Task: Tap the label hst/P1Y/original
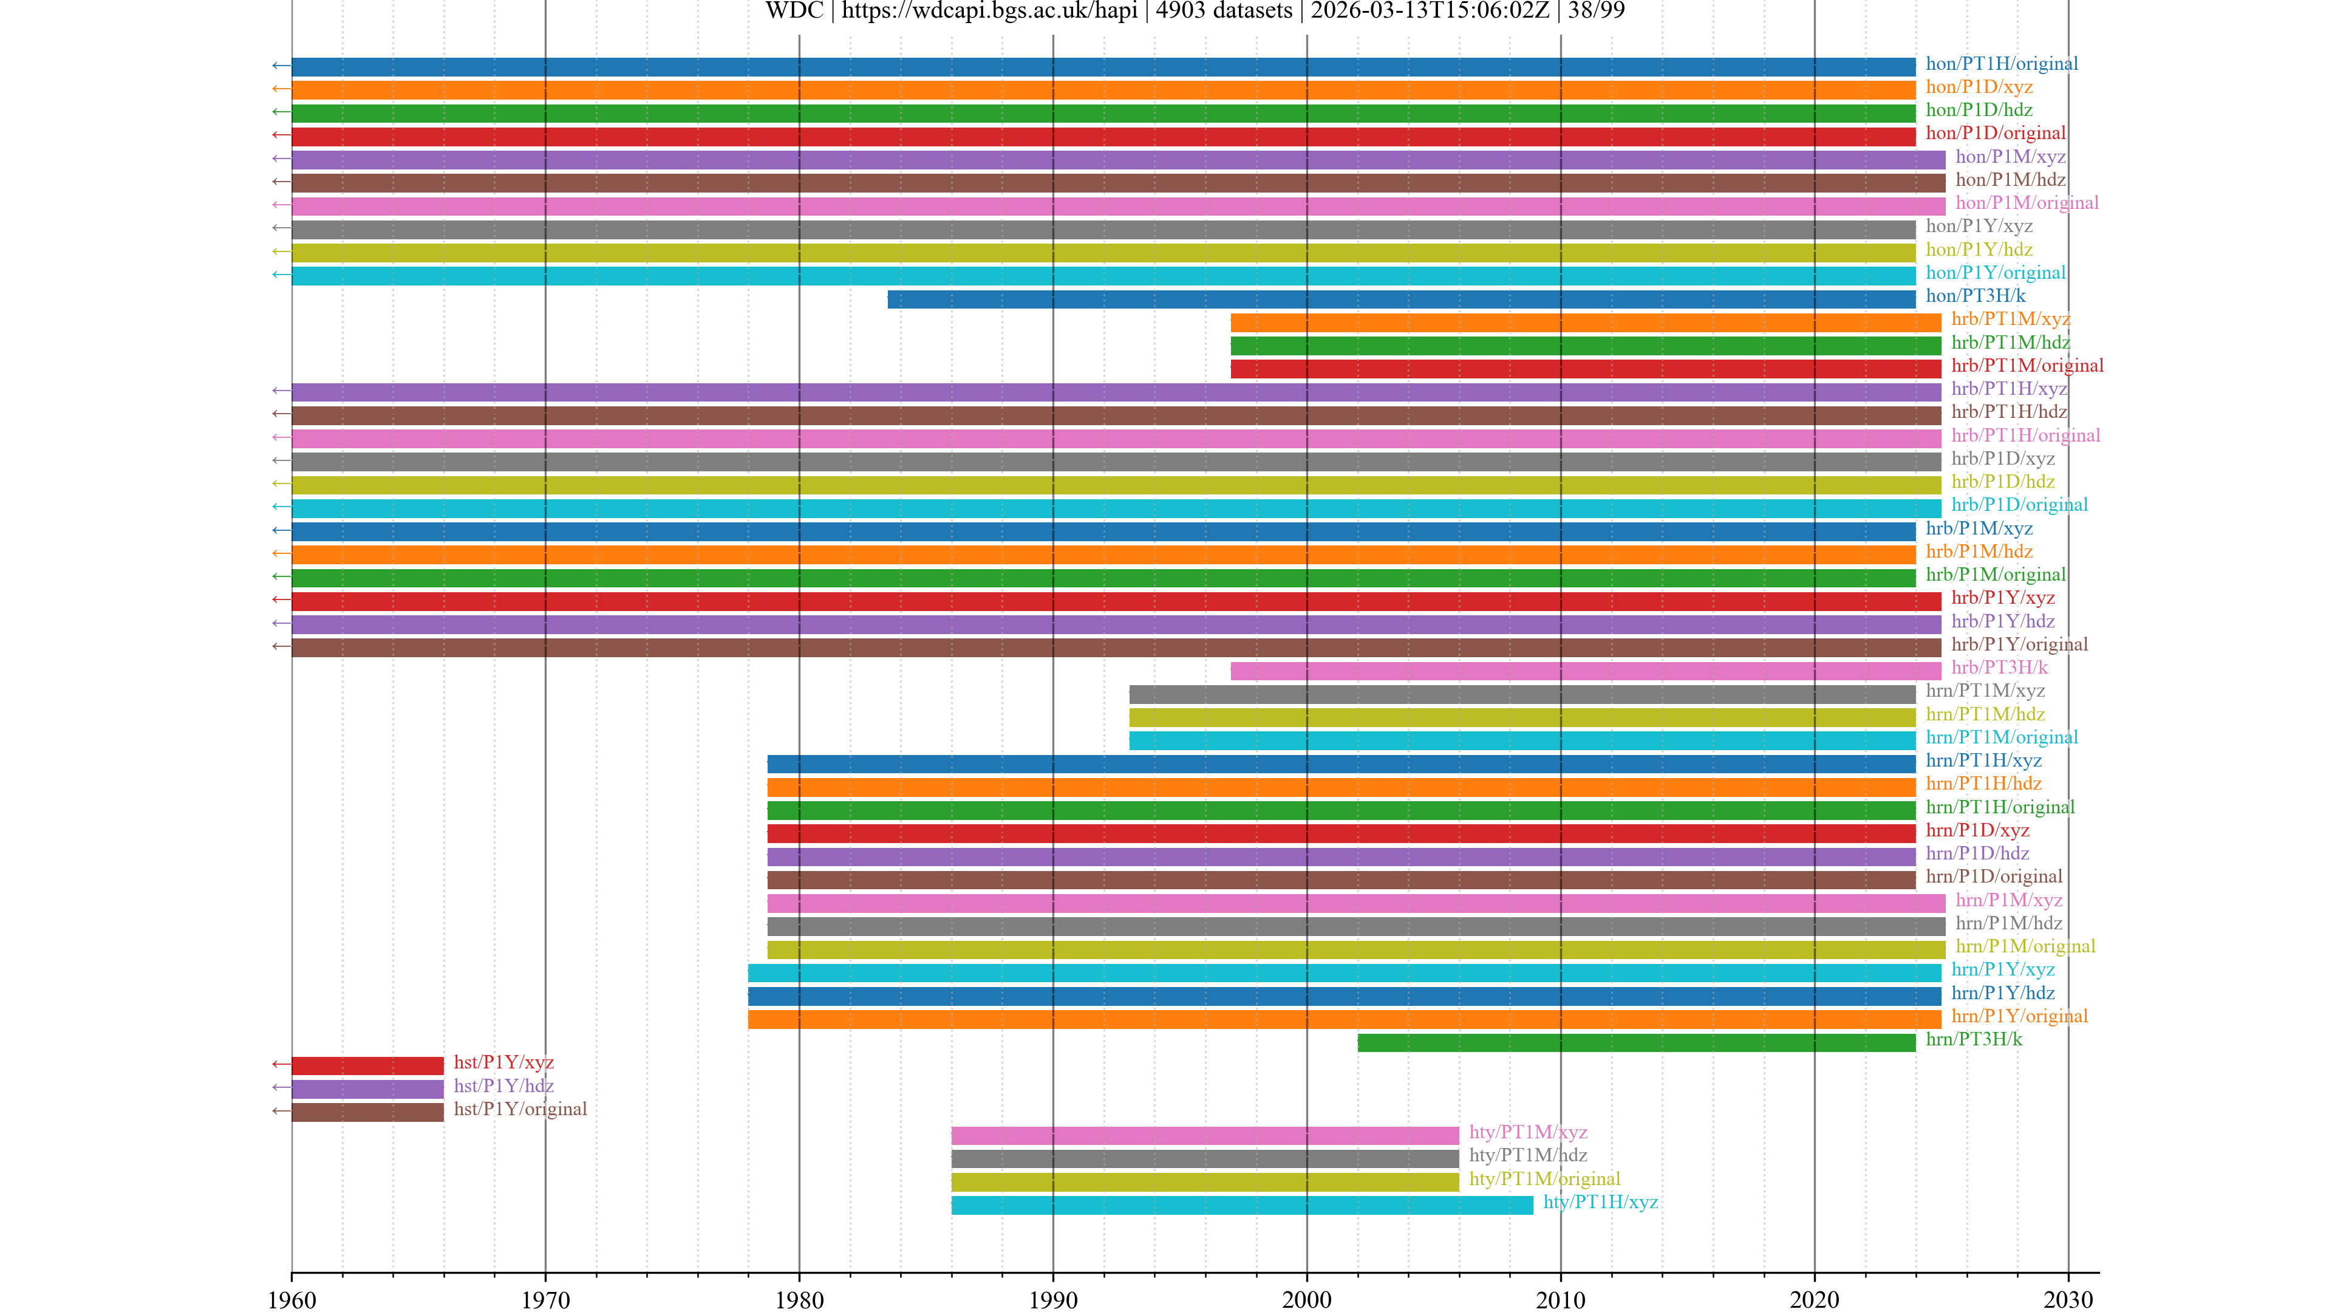coord(520,1109)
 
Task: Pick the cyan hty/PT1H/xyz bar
coord(1242,1205)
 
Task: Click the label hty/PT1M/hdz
coord(1528,1155)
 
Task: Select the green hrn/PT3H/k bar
coord(1636,1043)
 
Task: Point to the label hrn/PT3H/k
coord(1974,1039)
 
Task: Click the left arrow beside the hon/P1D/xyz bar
coord(281,89)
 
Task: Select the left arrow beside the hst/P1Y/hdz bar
coord(281,1087)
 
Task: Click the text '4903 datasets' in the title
coord(1224,11)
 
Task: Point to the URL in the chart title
coord(989,11)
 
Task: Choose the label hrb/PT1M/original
coord(2027,366)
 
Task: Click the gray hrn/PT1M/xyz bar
coord(1522,694)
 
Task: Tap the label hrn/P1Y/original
coord(2019,1016)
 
